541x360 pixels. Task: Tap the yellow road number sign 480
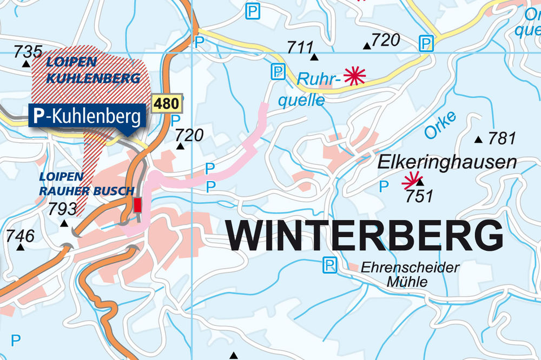coord(167,103)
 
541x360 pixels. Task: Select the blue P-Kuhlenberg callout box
coord(87,116)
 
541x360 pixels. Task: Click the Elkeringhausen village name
coord(446,162)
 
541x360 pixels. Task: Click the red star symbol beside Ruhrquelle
coord(355,76)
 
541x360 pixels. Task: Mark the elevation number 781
coord(502,139)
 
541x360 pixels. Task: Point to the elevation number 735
coord(28,52)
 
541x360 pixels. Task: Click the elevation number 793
coord(62,209)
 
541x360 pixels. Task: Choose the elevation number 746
coord(20,236)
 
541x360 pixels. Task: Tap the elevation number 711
coord(301,47)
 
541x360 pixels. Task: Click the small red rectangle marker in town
coord(137,205)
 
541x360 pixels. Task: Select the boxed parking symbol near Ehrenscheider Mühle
coord(329,265)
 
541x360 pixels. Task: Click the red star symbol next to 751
coord(412,180)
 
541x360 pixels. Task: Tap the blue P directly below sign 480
coord(175,119)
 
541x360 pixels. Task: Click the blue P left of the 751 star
coord(384,186)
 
